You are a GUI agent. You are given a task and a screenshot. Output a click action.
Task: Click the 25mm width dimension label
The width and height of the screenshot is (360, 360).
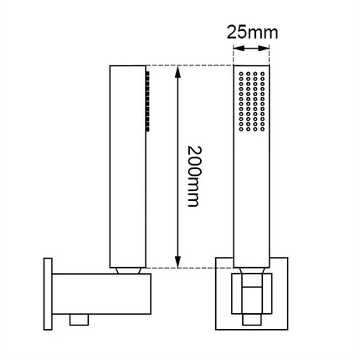(251, 33)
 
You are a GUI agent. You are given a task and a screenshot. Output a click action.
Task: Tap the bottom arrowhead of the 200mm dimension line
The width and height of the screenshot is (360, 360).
(177, 262)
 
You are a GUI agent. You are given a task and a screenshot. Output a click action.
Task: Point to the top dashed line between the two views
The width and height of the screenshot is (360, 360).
(188, 65)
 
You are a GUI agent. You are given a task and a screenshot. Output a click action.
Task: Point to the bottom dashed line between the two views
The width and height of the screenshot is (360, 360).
(188, 268)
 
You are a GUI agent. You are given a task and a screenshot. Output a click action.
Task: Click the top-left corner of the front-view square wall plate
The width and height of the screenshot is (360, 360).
(216, 260)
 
